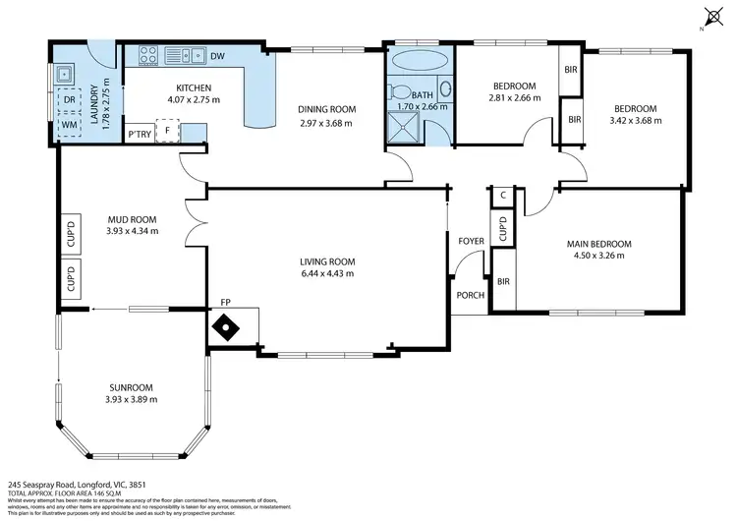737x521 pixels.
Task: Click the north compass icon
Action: pyautogui.click(x=712, y=16)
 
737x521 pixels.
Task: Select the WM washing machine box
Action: pyautogui.click(x=70, y=125)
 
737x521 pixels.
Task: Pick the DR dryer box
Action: pyautogui.click(x=70, y=100)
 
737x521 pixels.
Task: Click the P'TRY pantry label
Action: pyautogui.click(x=138, y=132)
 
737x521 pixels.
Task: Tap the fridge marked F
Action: pyautogui.click(x=167, y=131)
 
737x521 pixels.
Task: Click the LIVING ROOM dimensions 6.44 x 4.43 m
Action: pyautogui.click(x=326, y=274)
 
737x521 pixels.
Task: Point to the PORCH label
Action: pyautogui.click(x=466, y=295)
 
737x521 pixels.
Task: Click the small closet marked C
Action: pyautogui.click(x=502, y=196)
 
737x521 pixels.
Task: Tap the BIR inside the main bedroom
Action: pyautogui.click(x=502, y=282)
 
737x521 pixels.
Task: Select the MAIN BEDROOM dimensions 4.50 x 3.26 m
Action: pyautogui.click(x=597, y=256)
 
